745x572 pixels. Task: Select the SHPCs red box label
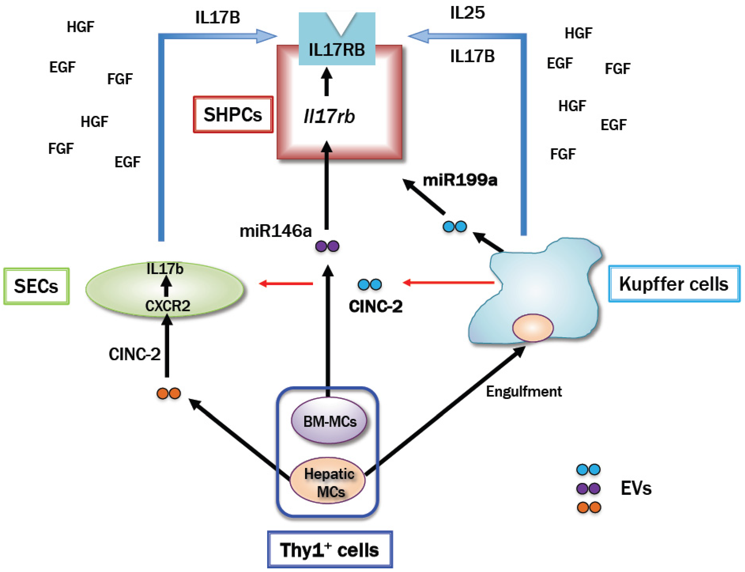coord(233,114)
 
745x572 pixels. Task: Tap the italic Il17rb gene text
coord(329,116)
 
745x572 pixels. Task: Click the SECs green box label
coord(36,286)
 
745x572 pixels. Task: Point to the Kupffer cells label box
coord(674,284)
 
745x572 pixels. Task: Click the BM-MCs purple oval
coord(329,421)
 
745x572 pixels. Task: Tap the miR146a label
coord(276,231)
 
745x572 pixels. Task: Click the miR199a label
coord(460,180)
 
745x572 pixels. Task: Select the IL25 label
coord(468,13)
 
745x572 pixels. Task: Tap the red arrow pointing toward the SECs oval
coord(286,283)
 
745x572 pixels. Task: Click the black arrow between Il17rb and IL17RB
coord(327,81)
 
